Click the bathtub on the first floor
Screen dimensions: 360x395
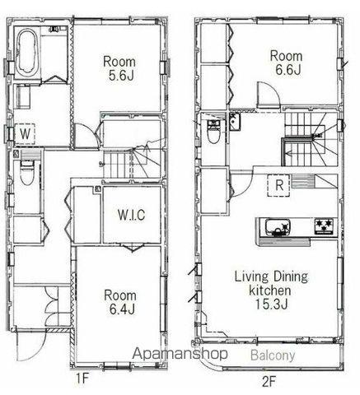coord(26,53)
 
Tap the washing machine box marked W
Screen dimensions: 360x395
coord(25,134)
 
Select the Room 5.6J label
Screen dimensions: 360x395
coord(119,68)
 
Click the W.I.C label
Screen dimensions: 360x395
coord(131,215)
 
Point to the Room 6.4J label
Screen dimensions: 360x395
coord(120,302)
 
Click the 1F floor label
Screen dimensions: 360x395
coord(82,379)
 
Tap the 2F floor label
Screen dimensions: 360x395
coord(268,382)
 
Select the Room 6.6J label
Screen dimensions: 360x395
coord(287,63)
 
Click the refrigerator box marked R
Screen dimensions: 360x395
coord(278,185)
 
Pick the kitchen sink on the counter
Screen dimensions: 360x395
coord(278,227)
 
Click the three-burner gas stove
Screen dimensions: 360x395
coord(324,226)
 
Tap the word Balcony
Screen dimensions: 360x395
coord(273,355)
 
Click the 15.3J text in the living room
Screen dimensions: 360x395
coord(271,304)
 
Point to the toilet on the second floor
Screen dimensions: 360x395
coord(213,132)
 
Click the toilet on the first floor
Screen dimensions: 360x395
coord(26,173)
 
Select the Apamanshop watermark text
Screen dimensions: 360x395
coord(180,354)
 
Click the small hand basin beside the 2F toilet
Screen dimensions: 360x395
coord(234,121)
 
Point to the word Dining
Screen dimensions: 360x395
coord(290,277)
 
